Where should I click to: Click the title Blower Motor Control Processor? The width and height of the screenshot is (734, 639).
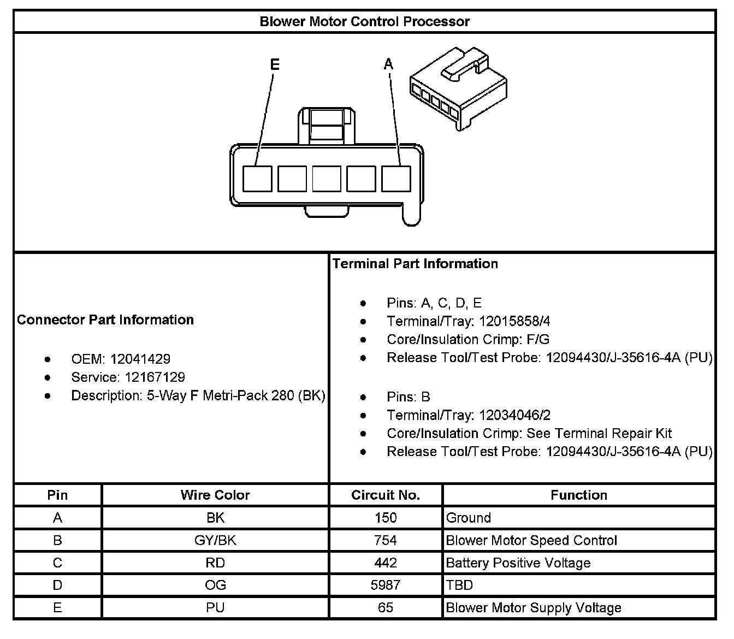[x=364, y=22]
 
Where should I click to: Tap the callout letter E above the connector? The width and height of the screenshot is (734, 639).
[x=275, y=65]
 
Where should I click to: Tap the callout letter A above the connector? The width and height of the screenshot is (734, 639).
[x=388, y=64]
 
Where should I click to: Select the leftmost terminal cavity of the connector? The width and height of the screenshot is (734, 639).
[x=257, y=179]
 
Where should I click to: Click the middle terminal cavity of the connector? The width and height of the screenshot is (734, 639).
[x=327, y=179]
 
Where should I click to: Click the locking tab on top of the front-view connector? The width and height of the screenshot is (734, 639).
[x=326, y=125]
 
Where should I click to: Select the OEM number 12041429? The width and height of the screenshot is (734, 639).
[x=140, y=359]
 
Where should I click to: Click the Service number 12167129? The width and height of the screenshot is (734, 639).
[x=155, y=377]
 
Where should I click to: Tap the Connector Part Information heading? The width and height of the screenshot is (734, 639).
[x=105, y=320]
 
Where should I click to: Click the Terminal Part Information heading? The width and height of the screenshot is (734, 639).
[x=415, y=264]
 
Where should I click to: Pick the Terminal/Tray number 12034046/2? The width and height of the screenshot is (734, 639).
[x=515, y=416]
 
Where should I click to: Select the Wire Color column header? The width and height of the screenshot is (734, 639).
[x=215, y=495]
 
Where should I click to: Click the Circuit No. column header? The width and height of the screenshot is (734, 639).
[x=386, y=495]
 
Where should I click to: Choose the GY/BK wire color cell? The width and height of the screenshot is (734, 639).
[x=215, y=541]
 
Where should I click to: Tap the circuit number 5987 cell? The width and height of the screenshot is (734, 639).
[x=386, y=585]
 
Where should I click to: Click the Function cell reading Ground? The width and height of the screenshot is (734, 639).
[x=469, y=518]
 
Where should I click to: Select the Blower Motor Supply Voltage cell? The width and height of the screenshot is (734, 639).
[x=534, y=608]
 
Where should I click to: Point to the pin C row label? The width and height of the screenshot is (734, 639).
[x=57, y=563]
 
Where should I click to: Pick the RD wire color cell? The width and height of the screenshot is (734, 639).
[x=215, y=563]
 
